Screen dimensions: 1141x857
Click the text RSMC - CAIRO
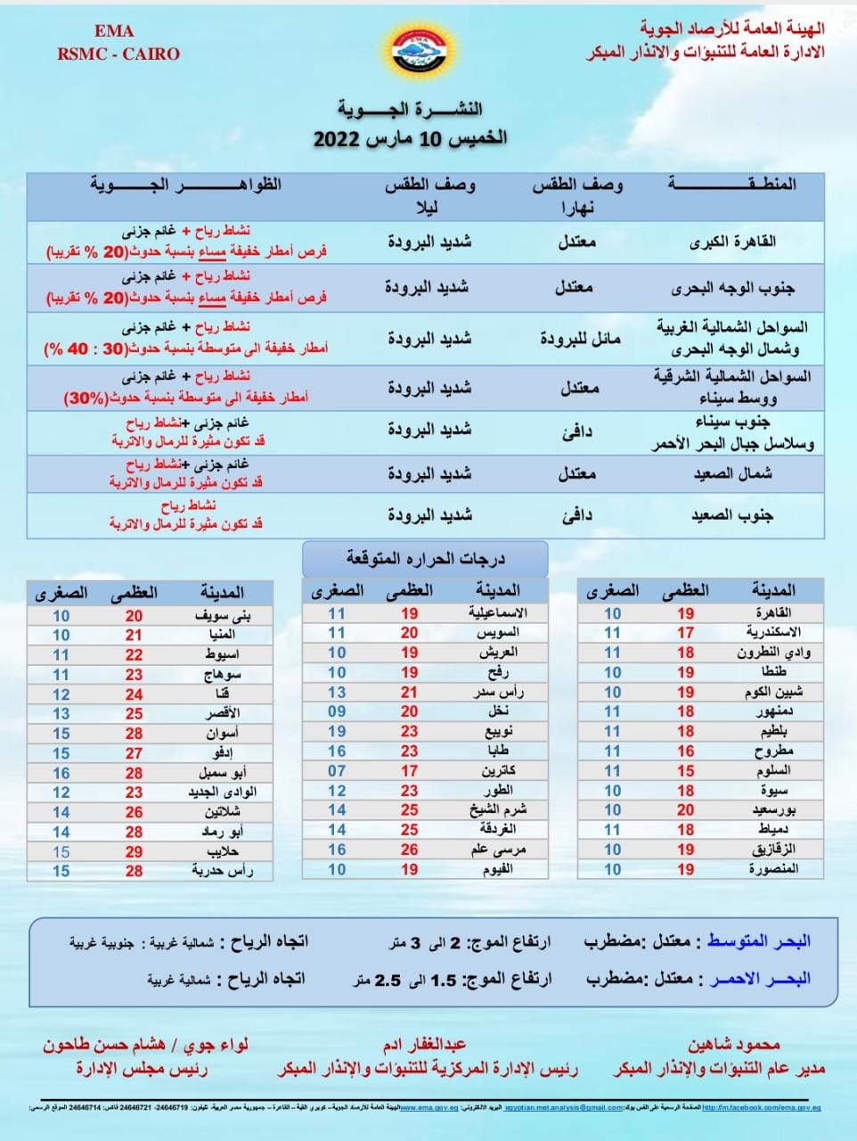coord(118,54)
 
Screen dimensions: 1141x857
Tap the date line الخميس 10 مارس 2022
coord(411,138)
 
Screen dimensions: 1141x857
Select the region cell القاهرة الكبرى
coord(732,242)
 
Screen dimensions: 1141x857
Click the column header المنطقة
coord(732,185)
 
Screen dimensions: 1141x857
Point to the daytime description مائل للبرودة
coord(580,339)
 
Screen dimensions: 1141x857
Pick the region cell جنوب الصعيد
coord(732,515)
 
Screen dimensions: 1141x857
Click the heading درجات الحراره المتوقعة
coord(425,559)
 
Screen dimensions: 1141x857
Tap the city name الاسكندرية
coord(761,632)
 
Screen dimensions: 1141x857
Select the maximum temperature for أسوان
coord(134,733)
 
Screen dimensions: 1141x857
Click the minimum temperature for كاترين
coord(337,770)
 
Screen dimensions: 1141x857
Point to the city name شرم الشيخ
coord(498,810)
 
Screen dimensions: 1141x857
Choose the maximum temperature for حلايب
coord(134,851)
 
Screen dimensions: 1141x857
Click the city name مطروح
coord(771,751)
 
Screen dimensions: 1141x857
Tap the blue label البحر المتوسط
coord(758,941)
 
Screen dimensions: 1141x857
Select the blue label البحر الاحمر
coord(760,979)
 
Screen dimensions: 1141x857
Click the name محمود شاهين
coord(734,1044)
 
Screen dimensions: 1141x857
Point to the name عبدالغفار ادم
coord(424,1044)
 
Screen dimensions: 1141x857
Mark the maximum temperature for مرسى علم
coord(409,850)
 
